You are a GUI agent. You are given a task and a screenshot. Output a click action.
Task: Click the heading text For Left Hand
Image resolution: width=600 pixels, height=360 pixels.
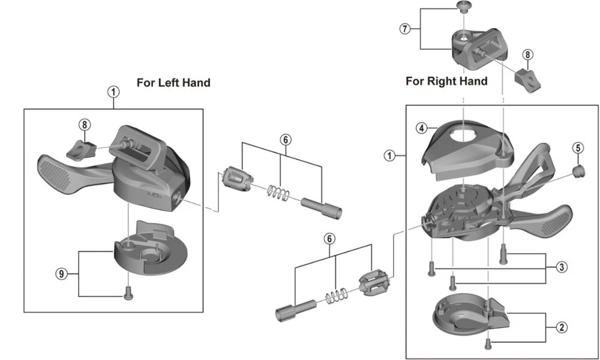[x=173, y=82]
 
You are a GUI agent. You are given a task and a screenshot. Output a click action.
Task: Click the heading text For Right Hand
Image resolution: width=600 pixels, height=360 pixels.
[x=446, y=80]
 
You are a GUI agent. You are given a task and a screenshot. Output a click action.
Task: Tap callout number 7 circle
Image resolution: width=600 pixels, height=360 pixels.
[x=406, y=29]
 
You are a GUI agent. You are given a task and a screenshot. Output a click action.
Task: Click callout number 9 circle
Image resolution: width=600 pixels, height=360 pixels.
[x=61, y=274]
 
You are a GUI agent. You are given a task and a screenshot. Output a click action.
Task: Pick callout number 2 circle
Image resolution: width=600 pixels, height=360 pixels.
[x=562, y=327]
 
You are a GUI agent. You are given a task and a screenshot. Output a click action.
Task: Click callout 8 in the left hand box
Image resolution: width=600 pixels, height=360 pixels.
[x=85, y=125]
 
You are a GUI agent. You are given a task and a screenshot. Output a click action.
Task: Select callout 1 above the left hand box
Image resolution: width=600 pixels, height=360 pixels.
[x=113, y=92]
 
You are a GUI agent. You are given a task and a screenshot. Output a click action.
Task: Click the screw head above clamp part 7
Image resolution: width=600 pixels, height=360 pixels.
[x=462, y=7]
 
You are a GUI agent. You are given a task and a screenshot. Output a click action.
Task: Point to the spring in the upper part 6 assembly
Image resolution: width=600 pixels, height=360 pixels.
[x=278, y=193]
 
